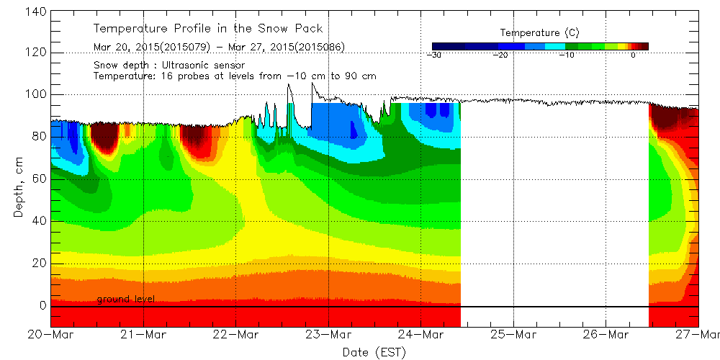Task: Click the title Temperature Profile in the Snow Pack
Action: point(208,29)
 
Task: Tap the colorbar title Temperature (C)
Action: point(539,32)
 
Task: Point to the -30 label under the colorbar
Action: point(433,55)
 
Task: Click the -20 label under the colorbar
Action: point(502,55)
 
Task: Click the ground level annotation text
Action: point(125,299)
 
